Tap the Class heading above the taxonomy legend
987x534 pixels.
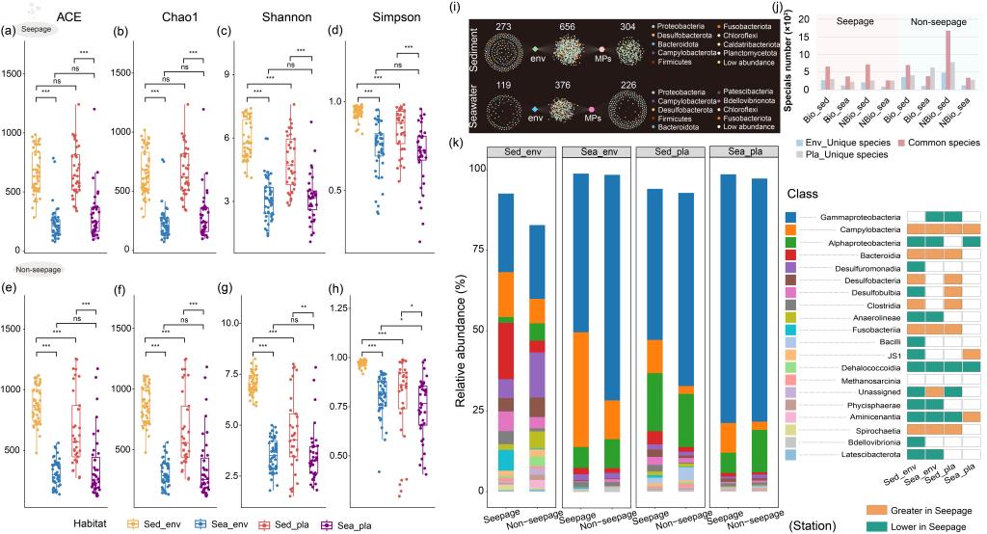coord(802,194)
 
